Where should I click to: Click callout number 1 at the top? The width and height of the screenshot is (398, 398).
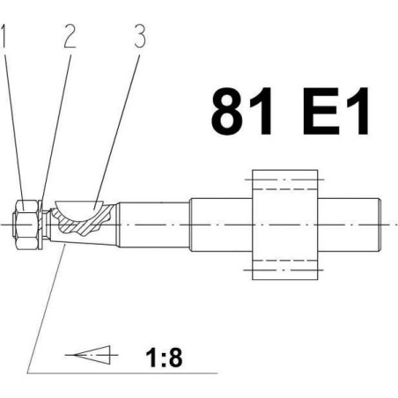[x=4, y=35]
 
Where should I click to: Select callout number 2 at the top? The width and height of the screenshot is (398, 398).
[x=70, y=35]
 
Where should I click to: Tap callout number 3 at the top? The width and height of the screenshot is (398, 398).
[x=140, y=35]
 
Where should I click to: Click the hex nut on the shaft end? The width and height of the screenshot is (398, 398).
[x=25, y=225]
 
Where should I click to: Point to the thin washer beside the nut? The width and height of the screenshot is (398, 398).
[x=41, y=225]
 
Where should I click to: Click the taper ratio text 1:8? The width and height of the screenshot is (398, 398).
[x=164, y=357]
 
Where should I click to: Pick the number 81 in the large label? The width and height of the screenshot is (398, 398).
[x=241, y=111]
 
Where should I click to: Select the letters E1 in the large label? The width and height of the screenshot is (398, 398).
[x=335, y=111]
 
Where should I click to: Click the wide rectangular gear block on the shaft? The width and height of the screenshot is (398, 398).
[x=285, y=225]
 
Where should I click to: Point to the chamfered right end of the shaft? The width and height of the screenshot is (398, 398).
[x=380, y=225]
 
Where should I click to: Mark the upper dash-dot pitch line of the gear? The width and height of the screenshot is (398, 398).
[x=284, y=179]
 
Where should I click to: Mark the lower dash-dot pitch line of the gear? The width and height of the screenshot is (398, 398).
[x=284, y=269]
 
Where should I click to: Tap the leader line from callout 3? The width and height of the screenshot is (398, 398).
[x=116, y=131]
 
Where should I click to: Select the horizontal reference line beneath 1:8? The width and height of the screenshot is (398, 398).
[x=122, y=373]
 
